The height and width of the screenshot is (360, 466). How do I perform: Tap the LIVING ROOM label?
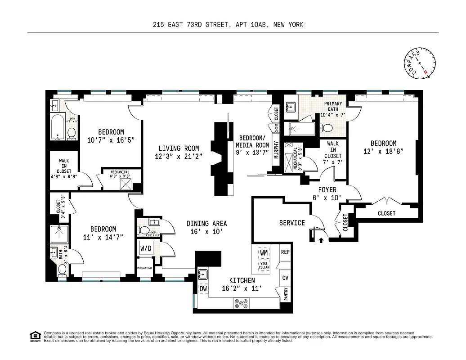point(179,148)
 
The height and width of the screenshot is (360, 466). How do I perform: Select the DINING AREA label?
point(207,223)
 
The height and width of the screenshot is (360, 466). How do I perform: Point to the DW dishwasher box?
point(203,289)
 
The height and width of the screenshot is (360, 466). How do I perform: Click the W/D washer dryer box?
point(146,248)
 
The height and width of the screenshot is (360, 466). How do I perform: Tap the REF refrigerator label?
point(285,252)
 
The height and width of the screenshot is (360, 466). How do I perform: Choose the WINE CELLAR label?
point(264,265)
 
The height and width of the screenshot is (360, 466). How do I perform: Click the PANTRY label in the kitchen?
point(286,295)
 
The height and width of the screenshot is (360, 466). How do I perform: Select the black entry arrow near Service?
point(321,240)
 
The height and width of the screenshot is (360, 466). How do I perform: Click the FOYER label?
point(327,190)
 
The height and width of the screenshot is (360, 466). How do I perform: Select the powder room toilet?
point(144,231)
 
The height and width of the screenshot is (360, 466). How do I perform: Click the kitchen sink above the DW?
point(203,274)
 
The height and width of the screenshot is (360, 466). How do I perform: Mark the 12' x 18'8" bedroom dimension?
point(380,152)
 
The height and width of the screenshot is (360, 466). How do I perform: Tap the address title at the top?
point(228,25)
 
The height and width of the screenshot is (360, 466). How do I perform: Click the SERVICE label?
point(292,223)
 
